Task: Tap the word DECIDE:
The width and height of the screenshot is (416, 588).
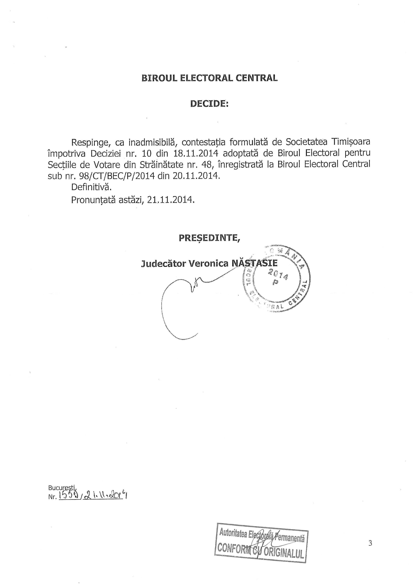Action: [209, 104]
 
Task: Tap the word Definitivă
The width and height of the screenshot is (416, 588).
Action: [91, 187]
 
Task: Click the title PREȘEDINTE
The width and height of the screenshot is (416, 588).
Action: [209, 238]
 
